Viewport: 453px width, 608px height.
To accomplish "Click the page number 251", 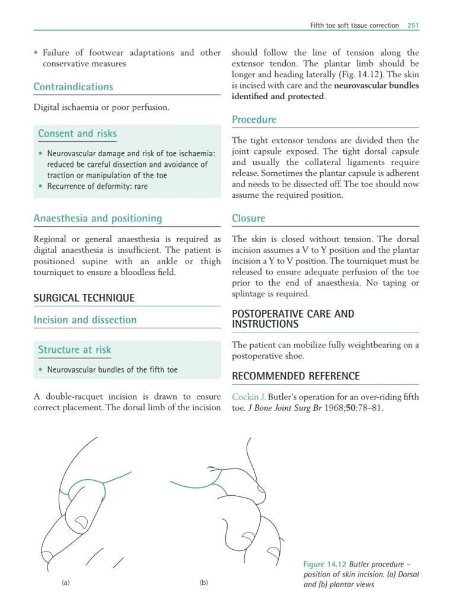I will pos(413,26).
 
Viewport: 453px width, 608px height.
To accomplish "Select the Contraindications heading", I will pos(73,87).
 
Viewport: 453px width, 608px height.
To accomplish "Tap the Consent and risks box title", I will pos(77,134).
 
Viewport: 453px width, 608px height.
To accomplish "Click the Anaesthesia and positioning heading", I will pos(97,218).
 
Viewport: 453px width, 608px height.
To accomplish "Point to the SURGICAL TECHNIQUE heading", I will pos(84,298).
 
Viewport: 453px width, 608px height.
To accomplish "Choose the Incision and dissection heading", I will pos(85,320).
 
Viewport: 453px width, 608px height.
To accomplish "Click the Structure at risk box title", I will pos(74,350).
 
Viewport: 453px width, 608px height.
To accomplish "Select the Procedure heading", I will pos(254,120).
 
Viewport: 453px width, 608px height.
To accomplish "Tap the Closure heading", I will pos(248,218).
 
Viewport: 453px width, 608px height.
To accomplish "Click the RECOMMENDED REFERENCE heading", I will pos(295,376).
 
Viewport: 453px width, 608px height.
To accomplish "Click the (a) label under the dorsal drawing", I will pos(66,583).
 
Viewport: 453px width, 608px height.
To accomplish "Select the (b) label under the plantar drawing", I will pos(203,583).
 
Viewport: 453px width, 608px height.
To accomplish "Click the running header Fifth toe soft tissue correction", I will pos(355,26).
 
